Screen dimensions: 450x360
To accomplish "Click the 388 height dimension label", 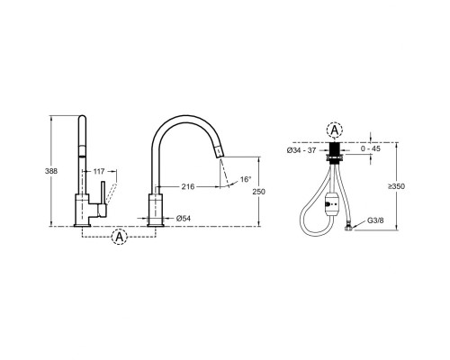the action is pos(51,171).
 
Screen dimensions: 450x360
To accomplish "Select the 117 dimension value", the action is pos(99,171).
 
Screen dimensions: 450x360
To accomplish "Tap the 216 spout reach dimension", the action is pos(188,186).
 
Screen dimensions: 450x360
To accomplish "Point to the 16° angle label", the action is pos(246,179).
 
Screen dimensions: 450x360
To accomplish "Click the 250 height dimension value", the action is pos(258,192).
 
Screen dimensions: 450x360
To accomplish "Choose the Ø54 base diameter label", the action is pos(184,219).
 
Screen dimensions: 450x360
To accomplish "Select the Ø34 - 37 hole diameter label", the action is pos(301,150).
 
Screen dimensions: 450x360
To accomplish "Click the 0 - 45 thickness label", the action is pos(370,148).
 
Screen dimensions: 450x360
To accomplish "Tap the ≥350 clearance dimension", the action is pos(396,186).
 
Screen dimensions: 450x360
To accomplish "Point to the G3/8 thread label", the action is pos(375,220).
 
